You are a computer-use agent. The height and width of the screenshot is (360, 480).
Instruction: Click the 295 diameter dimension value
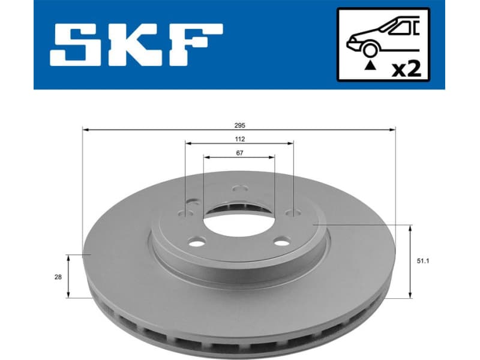240,125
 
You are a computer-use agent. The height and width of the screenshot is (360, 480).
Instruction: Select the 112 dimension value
240,139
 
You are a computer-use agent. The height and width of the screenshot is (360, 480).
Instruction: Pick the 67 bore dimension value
239,153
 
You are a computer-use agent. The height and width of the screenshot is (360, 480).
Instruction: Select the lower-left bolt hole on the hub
194,242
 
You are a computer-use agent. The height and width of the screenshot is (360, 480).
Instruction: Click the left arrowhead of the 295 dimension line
85,129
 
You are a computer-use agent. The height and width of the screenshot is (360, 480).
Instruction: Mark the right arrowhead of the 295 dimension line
394,129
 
